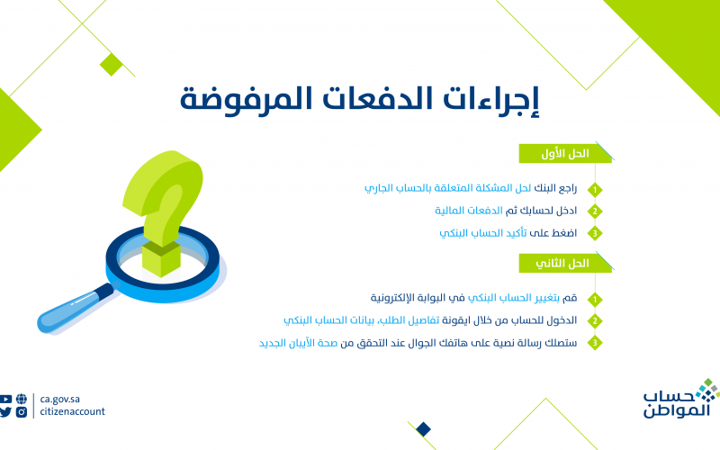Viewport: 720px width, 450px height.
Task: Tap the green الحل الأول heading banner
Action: pos(565,153)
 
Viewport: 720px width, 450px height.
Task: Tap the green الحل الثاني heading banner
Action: pos(565,263)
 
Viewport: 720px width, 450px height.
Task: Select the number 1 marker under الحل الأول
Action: pos(595,190)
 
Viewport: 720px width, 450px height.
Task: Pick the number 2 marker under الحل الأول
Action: pos(595,211)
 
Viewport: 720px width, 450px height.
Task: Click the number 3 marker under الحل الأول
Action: pos(595,233)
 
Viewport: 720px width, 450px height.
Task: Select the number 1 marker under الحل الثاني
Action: pos(595,300)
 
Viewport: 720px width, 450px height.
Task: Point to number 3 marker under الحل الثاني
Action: pos(595,343)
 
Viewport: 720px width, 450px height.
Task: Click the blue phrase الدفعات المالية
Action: pos(469,211)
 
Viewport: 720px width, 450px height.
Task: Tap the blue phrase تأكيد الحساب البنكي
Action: pos(483,233)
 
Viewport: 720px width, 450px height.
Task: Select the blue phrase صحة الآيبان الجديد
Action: pos(298,343)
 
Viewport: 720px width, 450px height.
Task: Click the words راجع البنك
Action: pos(555,188)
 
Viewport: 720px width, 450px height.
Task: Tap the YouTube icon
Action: pos(6,399)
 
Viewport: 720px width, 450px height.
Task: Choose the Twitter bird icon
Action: pos(5,412)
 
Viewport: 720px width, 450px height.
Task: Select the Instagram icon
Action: pos(22,412)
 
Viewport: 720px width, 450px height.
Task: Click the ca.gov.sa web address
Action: pos(59,399)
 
